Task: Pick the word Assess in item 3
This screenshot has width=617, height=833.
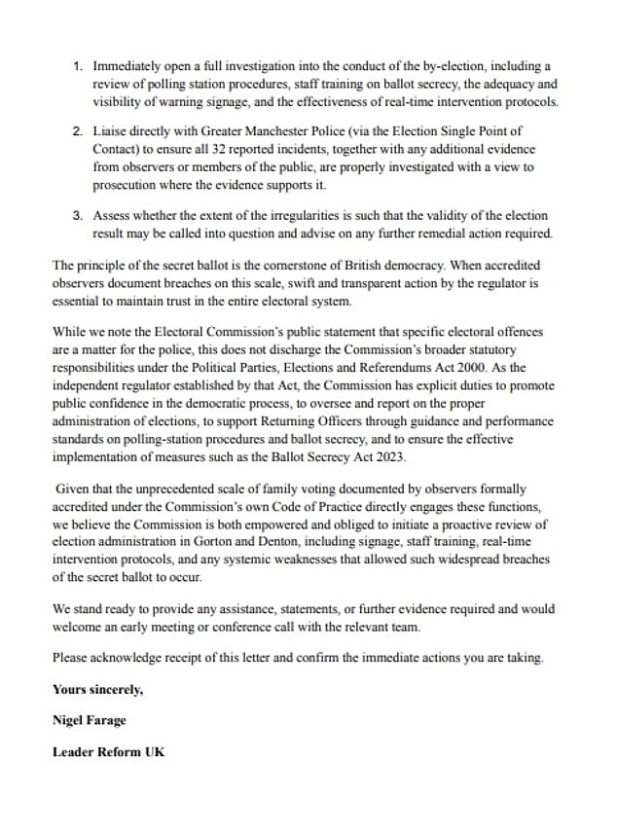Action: point(114,216)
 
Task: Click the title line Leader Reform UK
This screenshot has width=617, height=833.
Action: point(108,752)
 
